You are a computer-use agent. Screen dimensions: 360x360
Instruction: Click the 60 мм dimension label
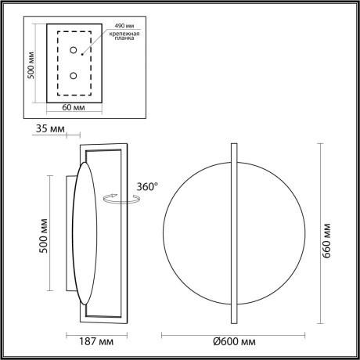[74, 107]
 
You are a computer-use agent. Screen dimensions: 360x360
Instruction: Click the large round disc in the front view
[196, 235]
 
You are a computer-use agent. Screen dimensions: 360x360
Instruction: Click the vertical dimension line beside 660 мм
[321, 235]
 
